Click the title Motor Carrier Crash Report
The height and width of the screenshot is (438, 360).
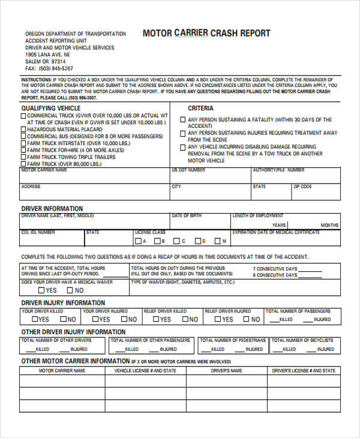pos(206,34)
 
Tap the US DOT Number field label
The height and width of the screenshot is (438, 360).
pos(188,170)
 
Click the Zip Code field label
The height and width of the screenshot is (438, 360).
pos(302,187)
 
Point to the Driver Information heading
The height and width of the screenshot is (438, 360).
pos(52,208)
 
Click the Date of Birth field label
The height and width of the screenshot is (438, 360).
pos(187,215)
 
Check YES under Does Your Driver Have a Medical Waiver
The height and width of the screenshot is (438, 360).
pos(33,290)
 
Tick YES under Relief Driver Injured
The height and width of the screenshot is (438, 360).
pos(211,320)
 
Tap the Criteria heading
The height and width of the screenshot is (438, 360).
pos(200,108)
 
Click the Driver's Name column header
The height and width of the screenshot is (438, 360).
pos(227,371)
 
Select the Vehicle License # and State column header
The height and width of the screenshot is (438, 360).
pos(145,371)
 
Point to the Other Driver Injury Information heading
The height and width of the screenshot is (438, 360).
pos(74,332)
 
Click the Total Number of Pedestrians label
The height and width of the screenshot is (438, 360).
pos(229,340)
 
